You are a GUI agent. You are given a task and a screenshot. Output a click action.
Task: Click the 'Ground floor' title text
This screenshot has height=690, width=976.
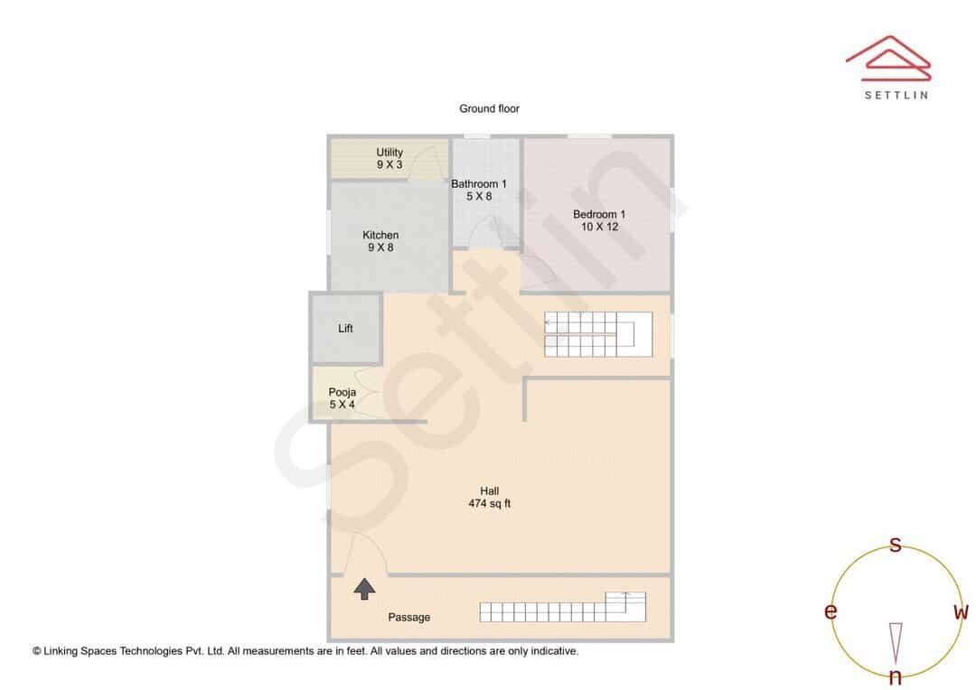pos(489,108)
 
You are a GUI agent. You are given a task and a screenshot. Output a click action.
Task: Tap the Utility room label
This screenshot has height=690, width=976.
pos(389,158)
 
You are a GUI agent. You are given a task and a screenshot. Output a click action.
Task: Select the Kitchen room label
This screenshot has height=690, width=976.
pos(380,241)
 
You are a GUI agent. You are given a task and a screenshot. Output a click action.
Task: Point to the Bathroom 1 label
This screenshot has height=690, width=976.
pos(479,190)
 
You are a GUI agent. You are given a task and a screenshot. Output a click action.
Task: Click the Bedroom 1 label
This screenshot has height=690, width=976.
pos(599,220)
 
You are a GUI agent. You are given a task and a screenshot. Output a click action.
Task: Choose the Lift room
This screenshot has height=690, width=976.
pos(346,328)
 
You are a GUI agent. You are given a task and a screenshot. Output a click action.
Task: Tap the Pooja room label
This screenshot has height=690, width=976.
pos(343,398)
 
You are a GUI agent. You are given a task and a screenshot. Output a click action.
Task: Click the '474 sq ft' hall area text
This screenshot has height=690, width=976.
pos(489,503)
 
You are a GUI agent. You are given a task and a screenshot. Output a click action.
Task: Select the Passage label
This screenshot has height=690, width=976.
pos(409,617)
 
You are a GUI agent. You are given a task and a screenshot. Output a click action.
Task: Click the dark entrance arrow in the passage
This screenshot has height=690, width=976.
pos(365,589)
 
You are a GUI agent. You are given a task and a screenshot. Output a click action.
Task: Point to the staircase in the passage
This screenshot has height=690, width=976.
pos(563,607)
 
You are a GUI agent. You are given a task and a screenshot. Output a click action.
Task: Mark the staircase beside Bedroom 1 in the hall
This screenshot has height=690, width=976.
pos(598,335)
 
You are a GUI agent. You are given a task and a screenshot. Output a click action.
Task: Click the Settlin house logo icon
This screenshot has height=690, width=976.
pos(888,59)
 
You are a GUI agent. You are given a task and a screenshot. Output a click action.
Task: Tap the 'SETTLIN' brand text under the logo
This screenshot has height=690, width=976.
pos(896,95)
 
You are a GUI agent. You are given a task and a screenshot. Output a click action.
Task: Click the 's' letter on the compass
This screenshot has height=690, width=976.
pos(896,545)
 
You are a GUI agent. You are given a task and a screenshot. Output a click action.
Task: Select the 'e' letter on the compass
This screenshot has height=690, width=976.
pos(831,611)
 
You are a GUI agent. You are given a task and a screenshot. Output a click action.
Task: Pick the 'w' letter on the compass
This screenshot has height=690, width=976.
pos(962,611)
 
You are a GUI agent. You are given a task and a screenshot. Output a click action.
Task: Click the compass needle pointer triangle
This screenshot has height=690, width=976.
pos(896,643)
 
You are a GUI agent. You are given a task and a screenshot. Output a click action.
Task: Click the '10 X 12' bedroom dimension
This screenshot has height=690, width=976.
pos(599,227)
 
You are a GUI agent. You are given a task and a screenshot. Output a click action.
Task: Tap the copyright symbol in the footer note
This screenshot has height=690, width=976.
pos(37,651)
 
